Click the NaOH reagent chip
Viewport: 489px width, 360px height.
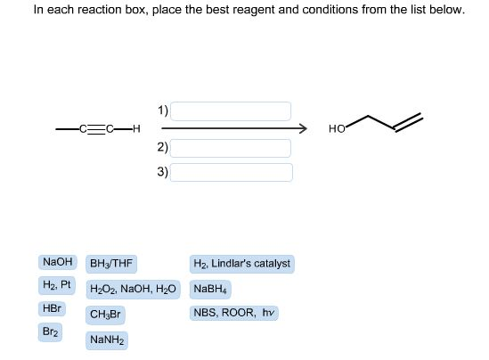tap(58, 262)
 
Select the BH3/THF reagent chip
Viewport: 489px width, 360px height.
tap(111, 264)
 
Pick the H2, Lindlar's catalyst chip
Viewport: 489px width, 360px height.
tap(241, 264)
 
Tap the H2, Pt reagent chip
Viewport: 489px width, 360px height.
tap(57, 285)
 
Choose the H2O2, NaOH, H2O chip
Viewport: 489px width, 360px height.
tap(134, 290)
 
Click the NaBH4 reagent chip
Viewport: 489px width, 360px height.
tap(210, 290)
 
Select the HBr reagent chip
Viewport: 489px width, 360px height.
tap(52, 308)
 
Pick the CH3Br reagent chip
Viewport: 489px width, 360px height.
tap(105, 315)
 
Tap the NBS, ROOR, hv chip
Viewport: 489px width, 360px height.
tap(234, 313)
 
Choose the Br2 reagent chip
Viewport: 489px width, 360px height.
tap(50, 331)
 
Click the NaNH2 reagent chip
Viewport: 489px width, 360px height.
tap(107, 340)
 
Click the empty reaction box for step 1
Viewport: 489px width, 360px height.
tap(231, 111)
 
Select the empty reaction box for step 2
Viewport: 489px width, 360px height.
tap(231, 148)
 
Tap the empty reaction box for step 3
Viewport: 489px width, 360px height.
tap(232, 172)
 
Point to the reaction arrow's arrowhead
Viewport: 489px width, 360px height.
tap(304, 128)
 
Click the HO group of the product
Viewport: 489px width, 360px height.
tap(337, 128)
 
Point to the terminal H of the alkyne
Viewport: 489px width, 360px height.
tap(136, 128)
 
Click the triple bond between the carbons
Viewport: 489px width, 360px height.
tap(97, 129)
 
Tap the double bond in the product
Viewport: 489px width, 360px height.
tap(409, 123)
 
